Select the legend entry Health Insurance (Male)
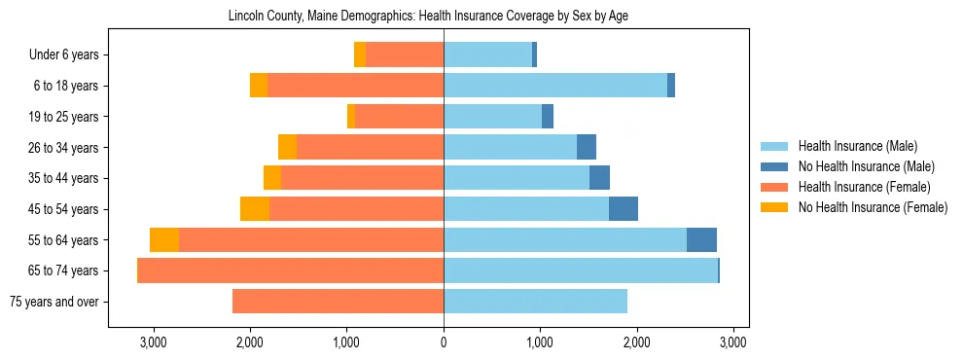tap(858, 146)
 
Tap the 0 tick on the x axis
tap(444, 342)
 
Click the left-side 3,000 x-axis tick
tap(154, 342)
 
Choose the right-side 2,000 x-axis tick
tap(637, 342)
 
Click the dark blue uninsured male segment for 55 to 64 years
tap(701, 240)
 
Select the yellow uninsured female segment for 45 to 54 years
tap(255, 209)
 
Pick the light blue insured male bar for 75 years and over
tap(535, 302)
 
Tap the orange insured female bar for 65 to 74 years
tap(291, 270)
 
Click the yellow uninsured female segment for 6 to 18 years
tap(259, 86)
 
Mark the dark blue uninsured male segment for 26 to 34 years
tap(587, 147)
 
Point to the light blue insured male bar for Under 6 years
tap(487, 54)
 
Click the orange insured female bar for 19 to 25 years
tap(399, 117)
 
